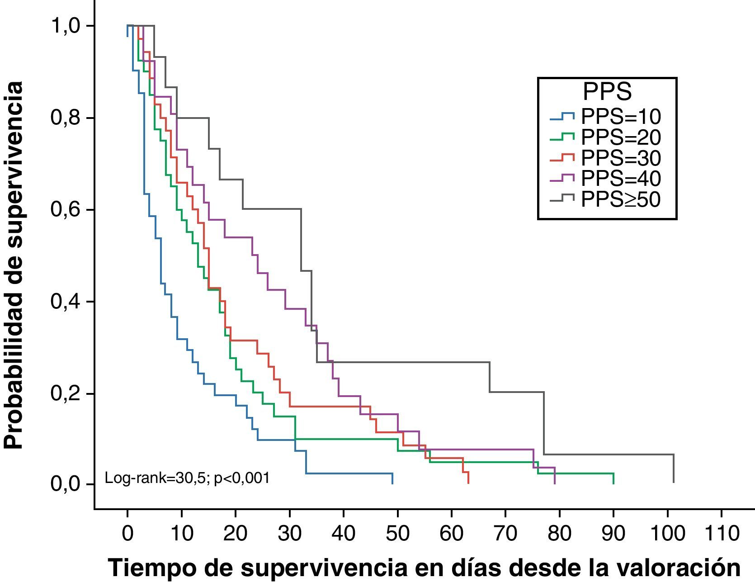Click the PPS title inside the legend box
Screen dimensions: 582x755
pos(607,92)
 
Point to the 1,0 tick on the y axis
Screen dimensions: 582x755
pos(68,26)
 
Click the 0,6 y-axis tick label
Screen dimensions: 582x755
pos(68,210)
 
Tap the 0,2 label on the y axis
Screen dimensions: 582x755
pos(68,393)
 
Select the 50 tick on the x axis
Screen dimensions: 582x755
pos(397,534)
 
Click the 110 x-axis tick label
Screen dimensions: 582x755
pos(721,534)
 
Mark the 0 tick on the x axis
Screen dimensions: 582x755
pos(127,534)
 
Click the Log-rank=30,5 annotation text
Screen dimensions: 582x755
pos(187,478)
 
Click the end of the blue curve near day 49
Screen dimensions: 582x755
pos(392,478)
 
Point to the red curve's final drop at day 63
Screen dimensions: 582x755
pos(468,478)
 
